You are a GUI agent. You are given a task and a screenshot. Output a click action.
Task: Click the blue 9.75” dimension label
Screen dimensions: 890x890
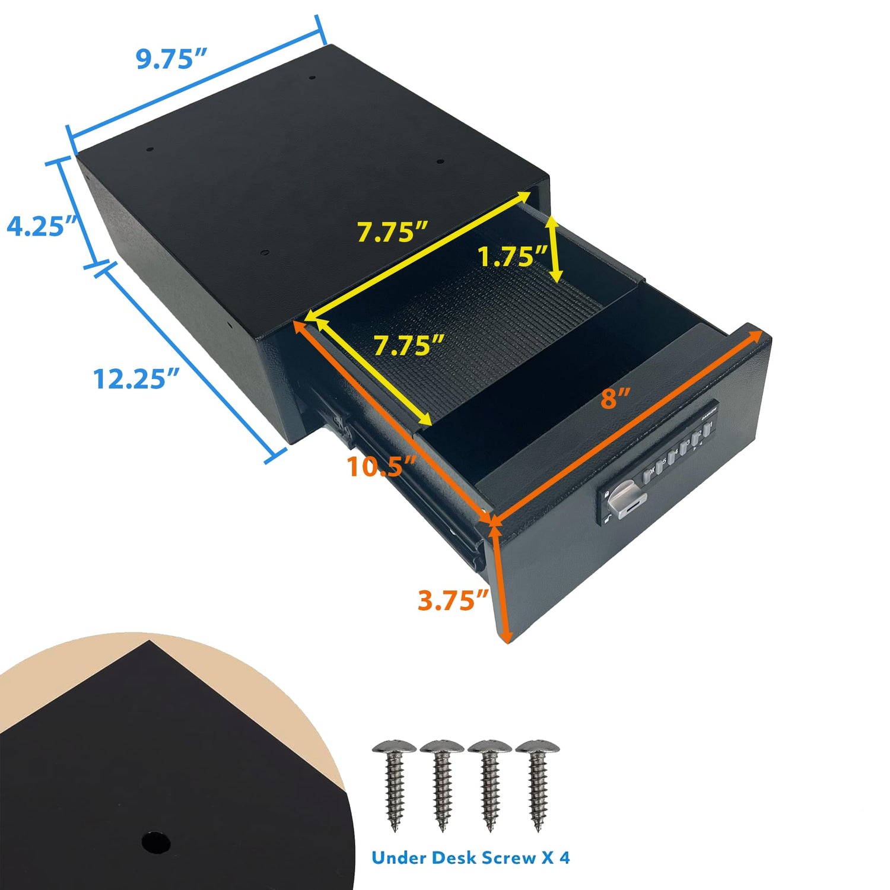click(171, 59)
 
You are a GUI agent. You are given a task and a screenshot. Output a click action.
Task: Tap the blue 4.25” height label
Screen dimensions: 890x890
click(42, 227)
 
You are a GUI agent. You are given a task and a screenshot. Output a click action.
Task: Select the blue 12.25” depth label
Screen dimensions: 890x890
click(136, 379)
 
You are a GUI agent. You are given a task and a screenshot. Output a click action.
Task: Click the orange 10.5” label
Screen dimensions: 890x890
click(383, 466)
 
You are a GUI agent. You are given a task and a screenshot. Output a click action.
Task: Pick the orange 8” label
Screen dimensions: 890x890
click(615, 398)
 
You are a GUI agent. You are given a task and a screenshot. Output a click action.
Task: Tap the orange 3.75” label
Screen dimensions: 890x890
click(453, 600)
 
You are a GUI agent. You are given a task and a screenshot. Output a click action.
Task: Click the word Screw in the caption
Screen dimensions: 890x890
click(503, 857)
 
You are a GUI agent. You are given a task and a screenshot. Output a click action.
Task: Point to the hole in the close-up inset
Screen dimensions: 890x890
click(157, 841)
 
